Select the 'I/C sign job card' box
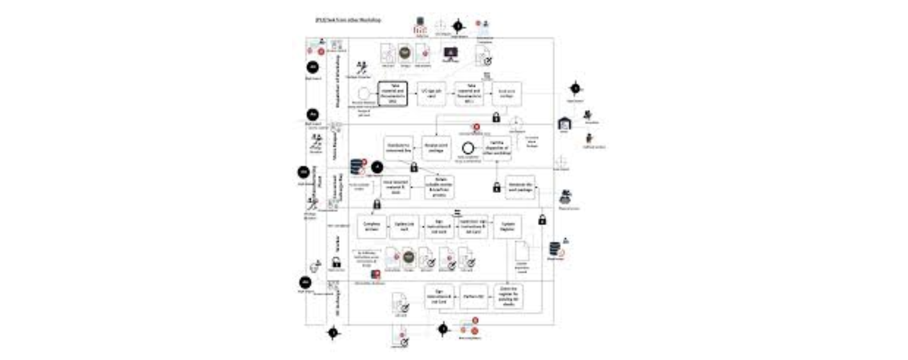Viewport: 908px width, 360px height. [432, 93]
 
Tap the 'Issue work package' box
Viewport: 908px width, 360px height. [507, 93]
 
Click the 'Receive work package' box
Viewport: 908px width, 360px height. [437, 148]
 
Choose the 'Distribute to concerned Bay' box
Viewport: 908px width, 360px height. [398, 148]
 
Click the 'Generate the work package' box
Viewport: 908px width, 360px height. [520, 187]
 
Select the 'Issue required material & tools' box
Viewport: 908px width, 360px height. [395, 187]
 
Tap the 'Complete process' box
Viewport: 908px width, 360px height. [372, 226]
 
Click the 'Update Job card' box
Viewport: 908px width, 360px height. [404, 226]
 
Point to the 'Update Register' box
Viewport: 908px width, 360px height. [508, 226]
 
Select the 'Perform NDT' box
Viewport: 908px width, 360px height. [473, 297]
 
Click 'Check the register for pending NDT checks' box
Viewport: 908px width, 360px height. [508, 297]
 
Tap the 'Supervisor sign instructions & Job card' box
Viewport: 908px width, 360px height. [473, 226]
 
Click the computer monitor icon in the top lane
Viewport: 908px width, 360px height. [451, 53]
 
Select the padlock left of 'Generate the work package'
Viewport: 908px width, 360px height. [496, 187]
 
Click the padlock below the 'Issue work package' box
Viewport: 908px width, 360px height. [496, 117]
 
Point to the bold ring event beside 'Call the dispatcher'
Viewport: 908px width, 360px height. [468, 148]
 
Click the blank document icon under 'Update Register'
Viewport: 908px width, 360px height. [522, 251]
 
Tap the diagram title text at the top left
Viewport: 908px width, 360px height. [347, 20]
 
